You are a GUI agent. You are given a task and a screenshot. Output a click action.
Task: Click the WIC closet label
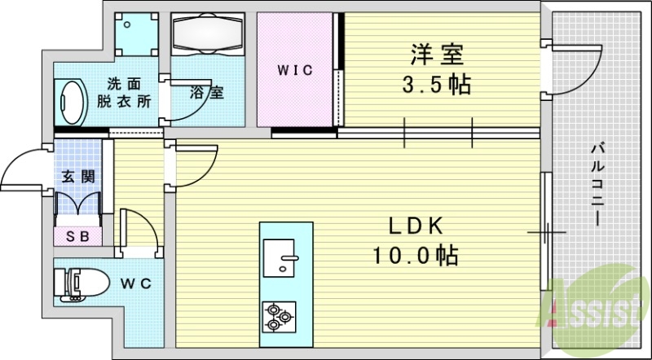[x=294, y=71]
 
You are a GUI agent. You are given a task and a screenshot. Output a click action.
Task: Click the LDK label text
[x=414, y=227]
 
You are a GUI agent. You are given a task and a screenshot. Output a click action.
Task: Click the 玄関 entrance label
[x=77, y=176]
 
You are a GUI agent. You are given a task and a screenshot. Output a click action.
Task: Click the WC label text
[x=136, y=283]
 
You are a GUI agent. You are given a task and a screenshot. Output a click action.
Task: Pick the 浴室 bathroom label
[x=207, y=92]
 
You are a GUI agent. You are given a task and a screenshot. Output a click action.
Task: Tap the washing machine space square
[x=134, y=33]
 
